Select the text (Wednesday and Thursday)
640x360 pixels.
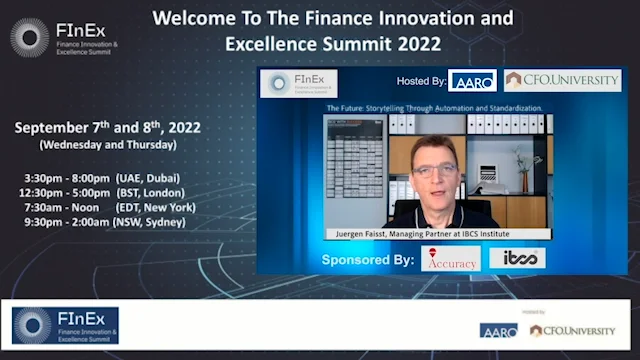click(108, 145)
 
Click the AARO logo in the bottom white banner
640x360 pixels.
click(498, 330)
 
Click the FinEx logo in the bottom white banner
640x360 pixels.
click(65, 326)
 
